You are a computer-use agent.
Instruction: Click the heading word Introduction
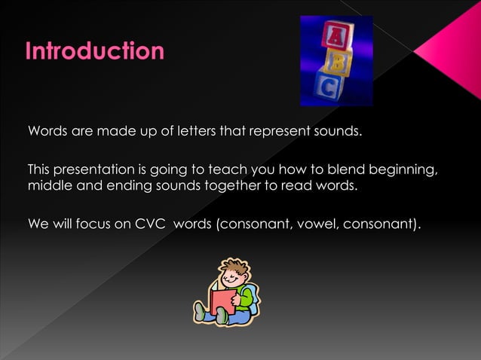(x=95, y=51)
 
